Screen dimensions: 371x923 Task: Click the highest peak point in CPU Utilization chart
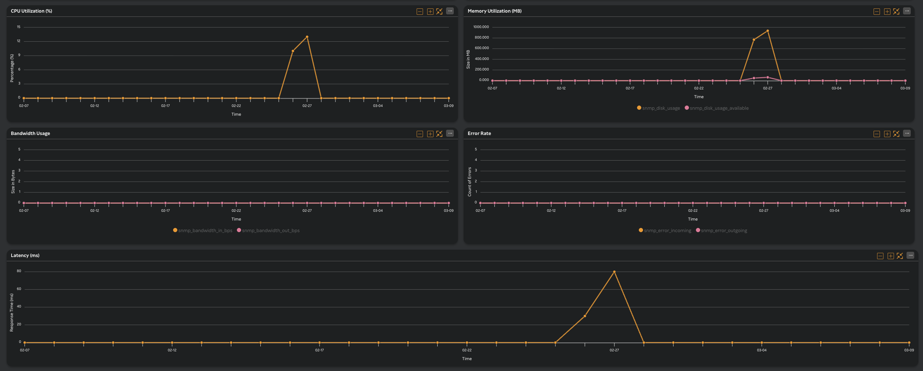coord(307,37)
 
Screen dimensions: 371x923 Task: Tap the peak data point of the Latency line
coord(614,272)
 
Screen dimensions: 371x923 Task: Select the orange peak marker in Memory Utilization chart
coord(767,31)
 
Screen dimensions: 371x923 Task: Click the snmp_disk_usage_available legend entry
coord(718,108)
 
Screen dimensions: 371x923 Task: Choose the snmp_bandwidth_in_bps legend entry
coord(205,230)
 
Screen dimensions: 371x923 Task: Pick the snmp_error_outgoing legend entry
coord(723,230)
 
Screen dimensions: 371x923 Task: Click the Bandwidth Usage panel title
coord(30,133)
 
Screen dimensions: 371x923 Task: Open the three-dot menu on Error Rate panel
coord(907,133)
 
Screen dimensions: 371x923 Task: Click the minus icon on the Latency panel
coord(880,256)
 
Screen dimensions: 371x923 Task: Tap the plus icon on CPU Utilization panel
coord(430,12)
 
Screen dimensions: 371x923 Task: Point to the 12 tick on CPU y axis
coord(19,41)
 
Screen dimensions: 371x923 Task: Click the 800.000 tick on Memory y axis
coord(481,38)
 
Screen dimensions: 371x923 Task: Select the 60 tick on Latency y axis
coord(19,289)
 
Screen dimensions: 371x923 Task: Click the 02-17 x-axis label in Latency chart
coord(319,350)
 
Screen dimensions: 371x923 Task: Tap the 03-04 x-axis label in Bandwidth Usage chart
coord(378,211)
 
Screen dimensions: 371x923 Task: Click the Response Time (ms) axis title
coord(12,312)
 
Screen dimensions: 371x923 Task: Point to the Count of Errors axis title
coord(469,182)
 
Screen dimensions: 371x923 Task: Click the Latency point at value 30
coord(585,316)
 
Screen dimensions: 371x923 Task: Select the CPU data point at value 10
coord(293,51)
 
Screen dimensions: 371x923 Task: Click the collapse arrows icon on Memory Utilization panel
coord(896,12)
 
